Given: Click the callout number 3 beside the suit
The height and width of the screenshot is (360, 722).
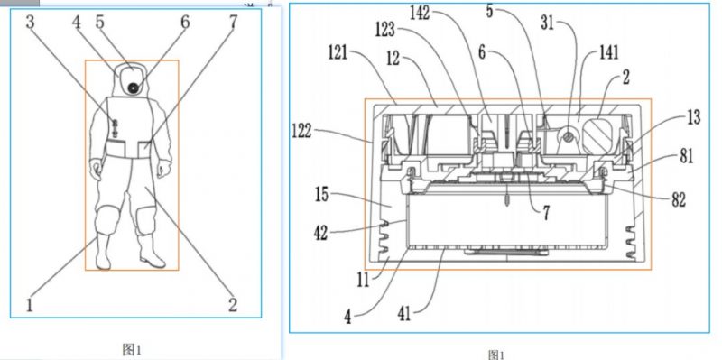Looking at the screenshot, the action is [x=31, y=22].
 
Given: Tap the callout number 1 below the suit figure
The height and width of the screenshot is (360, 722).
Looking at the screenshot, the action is [x=30, y=305].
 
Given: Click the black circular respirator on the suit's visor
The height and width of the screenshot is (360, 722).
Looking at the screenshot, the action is [x=134, y=88].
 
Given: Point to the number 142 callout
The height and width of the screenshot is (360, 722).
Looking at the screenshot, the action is [x=420, y=14].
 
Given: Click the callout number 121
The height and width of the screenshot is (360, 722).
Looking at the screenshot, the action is [x=339, y=52].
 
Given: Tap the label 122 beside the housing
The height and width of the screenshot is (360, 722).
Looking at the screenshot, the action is [x=301, y=132].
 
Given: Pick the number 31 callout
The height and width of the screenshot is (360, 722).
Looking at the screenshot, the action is [x=548, y=23].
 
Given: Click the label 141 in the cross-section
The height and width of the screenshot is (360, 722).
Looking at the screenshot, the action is [x=608, y=52].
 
